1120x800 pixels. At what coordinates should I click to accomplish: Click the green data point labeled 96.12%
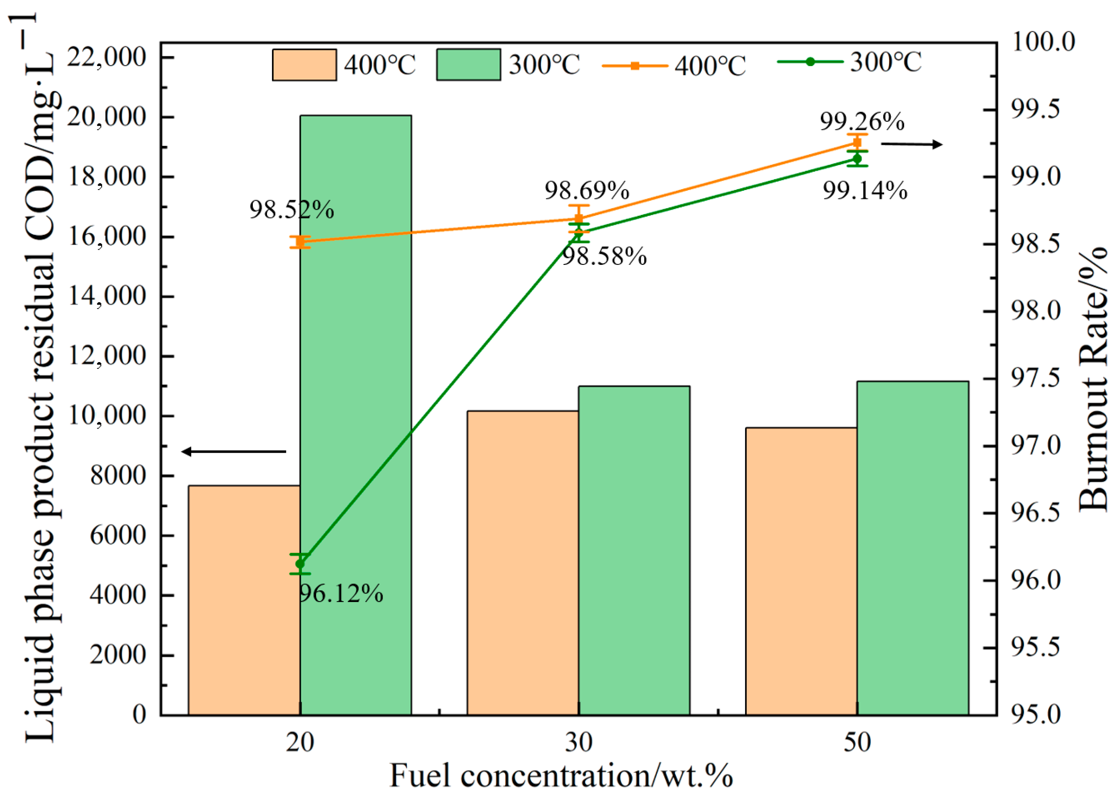coord(300,564)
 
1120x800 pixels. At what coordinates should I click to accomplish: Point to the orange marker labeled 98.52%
coord(300,242)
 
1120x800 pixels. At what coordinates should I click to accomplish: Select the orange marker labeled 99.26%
coord(857,142)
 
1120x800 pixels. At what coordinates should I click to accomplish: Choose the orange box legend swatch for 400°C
coord(305,65)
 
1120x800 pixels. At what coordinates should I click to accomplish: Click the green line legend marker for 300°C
coord(810,62)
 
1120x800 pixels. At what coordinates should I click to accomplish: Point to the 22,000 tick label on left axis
coord(107,57)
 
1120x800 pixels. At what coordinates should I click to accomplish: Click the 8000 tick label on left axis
coord(118,475)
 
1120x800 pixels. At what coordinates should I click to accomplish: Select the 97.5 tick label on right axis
coord(1043,378)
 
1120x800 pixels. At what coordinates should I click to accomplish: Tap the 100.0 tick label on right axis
coord(1043,42)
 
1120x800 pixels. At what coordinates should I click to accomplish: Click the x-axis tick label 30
coord(578,742)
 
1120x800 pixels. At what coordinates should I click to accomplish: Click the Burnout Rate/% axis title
coord(1092,379)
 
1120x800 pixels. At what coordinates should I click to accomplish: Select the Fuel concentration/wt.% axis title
coord(561,776)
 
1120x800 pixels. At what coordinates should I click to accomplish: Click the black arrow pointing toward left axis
coord(234,451)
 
